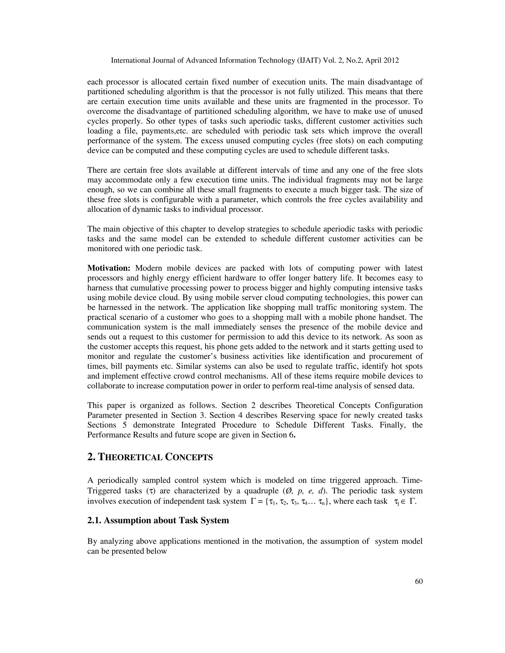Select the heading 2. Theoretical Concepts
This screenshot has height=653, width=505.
pyautogui.click(x=150, y=457)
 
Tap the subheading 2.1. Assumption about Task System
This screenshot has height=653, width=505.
pyautogui.click(x=158, y=520)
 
